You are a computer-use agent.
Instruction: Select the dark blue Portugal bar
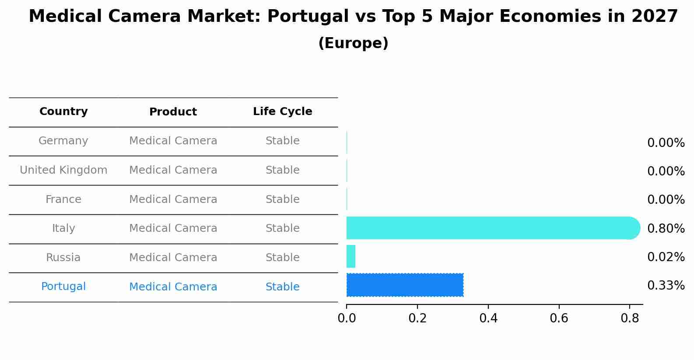(405, 285)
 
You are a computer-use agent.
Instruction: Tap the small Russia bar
(351, 256)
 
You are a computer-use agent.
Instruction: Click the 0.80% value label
(666, 228)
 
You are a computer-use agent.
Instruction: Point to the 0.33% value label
(666, 286)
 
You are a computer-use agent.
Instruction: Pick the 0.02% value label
(666, 257)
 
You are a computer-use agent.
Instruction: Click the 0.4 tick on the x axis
(488, 318)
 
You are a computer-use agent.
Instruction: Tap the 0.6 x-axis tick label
(559, 318)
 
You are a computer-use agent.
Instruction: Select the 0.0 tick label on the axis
(347, 318)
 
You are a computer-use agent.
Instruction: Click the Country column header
(63, 112)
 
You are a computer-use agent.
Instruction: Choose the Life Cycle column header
(282, 112)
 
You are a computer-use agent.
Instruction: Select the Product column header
(173, 112)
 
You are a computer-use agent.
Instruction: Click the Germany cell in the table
(63, 141)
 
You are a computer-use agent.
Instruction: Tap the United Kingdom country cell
(63, 170)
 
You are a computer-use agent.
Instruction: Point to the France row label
(63, 199)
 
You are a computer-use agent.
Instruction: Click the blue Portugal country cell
(63, 287)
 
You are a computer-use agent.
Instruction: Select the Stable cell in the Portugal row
(282, 287)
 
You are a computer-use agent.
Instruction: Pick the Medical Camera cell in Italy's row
(173, 228)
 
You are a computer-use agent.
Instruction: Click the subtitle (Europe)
(353, 43)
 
